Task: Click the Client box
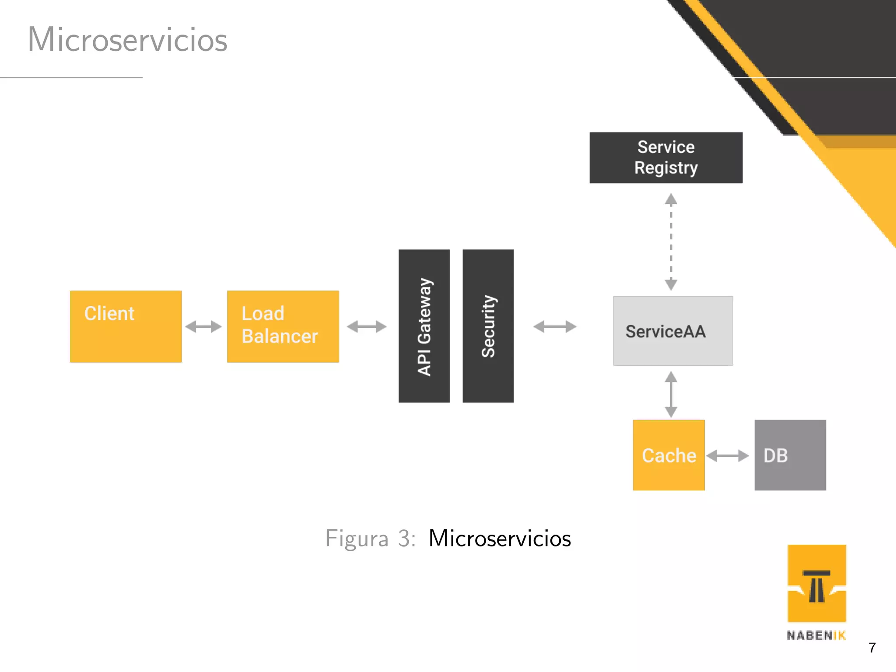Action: click(x=126, y=326)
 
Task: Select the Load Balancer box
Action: click(x=283, y=326)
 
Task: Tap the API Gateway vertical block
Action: click(x=424, y=326)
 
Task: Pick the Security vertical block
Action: click(x=488, y=326)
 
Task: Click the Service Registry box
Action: click(x=666, y=157)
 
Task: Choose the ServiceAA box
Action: click(x=673, y=331)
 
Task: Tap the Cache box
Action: click(x=668, y=455)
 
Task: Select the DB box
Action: click(x=790, y=455)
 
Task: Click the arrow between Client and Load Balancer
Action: click(x=203, y=326)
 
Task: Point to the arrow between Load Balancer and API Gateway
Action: click(x=367, y=326)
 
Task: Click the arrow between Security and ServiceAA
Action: click(x=555, y=326)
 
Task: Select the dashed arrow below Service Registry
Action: click(x=671, y=242)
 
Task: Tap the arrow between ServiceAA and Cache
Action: click(x=671, y=394)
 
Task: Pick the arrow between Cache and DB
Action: click(x=728, y=455)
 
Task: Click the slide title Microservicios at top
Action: click(x=127, y=39)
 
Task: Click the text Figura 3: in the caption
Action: click(x=370, y=538)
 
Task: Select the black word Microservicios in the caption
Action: click(x=500, y=538)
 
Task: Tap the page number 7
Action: click(x=872, y=647)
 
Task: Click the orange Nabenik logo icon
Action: click(x=817, y=583)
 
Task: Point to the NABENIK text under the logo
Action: click(x=816, y=636)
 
